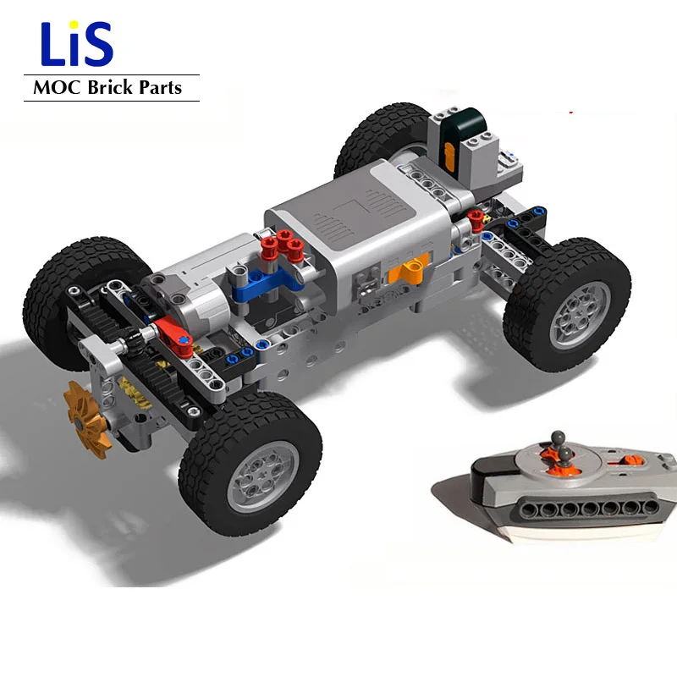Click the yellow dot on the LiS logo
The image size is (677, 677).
pyautogui.click(x=75, y=25)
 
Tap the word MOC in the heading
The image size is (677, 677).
pyautogui.click(x=57, y=88)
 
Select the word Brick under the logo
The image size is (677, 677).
pyautogui.click(x=110, y=87)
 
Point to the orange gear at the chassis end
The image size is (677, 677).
pyautogui.click(x=86, y=419)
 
